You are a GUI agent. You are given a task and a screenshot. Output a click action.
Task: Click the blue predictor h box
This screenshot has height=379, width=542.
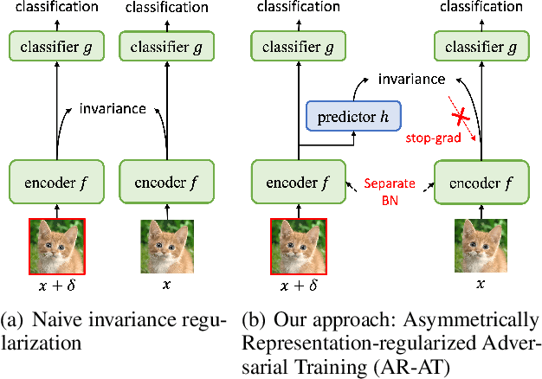pyautogui.click(x=348, y=116)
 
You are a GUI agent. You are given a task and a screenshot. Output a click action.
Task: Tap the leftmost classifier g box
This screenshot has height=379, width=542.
pyautogui.click(x=55, y=47)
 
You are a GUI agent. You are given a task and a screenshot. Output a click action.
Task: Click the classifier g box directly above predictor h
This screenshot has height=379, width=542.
pyautogui.click(x=299, y=47)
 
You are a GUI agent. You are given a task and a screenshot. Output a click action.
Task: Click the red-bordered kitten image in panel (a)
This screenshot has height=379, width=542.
pyautogui.click(x=55, y=246)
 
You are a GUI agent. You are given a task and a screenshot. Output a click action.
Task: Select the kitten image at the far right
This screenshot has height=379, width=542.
pyautogui.click(x=481, y=246)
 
